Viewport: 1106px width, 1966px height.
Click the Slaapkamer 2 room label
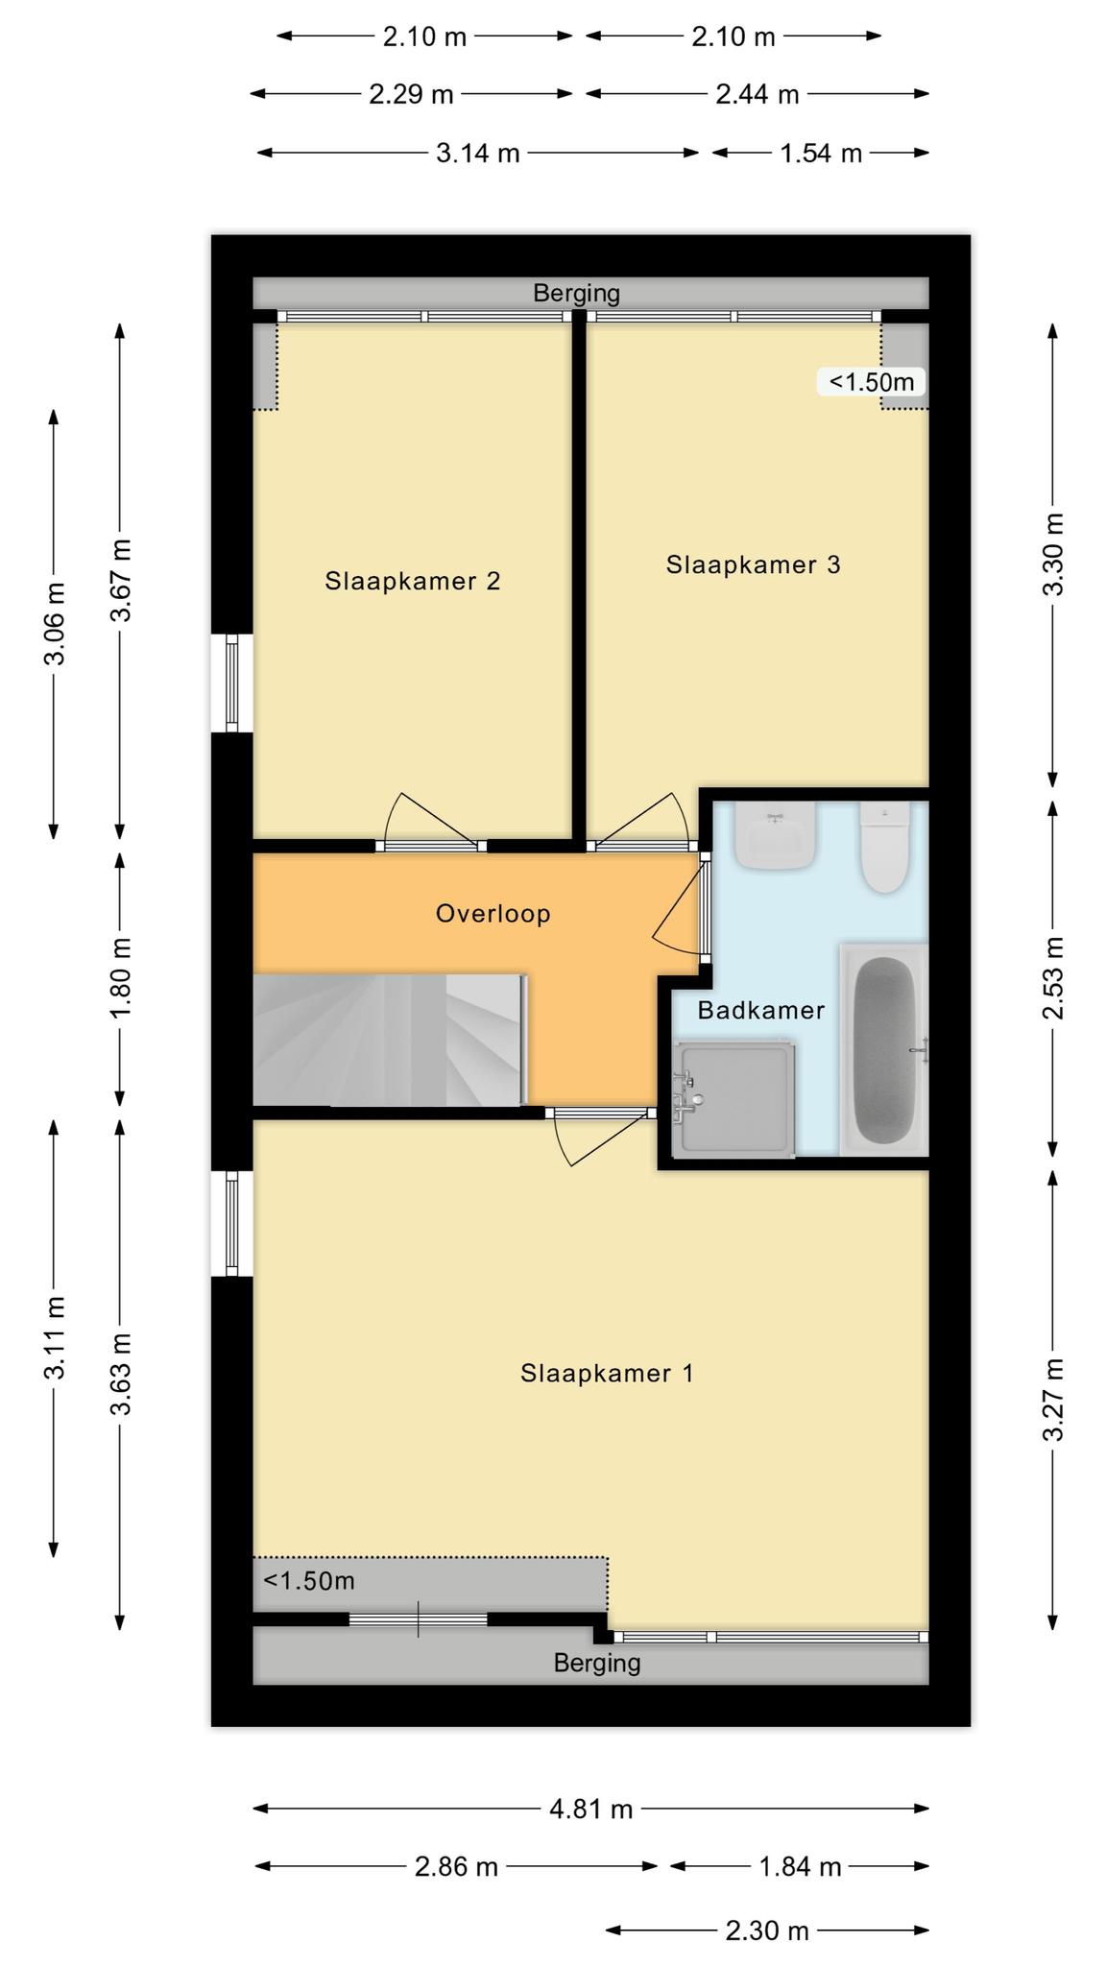(x=413, y=581)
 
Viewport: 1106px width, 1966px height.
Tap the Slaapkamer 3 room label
(x=754, y=564)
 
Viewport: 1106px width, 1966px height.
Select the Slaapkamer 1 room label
(x=607, y=1373)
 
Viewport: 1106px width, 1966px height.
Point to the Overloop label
(x=493, y=913)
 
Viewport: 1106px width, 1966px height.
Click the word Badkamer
(x=761, y=1010)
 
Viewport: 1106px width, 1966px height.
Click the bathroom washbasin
(x=776, y=836)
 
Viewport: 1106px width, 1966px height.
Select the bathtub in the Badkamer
(x=884, y=1049)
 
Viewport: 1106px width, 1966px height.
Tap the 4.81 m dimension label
(x=591, y=1810)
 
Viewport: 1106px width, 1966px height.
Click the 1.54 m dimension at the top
(x=821, y=153)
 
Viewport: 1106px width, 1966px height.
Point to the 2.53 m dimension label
(x=1054, y=978)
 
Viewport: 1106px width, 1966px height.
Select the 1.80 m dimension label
(x=121, y=978)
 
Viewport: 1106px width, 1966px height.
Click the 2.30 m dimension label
(x=767, y=1930)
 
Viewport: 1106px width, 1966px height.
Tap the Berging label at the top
(x=577, y=293)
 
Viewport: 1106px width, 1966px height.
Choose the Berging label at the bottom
(x=597, y=1663)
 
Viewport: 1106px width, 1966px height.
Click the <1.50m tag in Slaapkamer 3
(x=872, y=381)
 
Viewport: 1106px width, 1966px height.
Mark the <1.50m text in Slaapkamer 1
(x=309, y=1580)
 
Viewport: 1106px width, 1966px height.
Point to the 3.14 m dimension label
(x=478, y=153)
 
